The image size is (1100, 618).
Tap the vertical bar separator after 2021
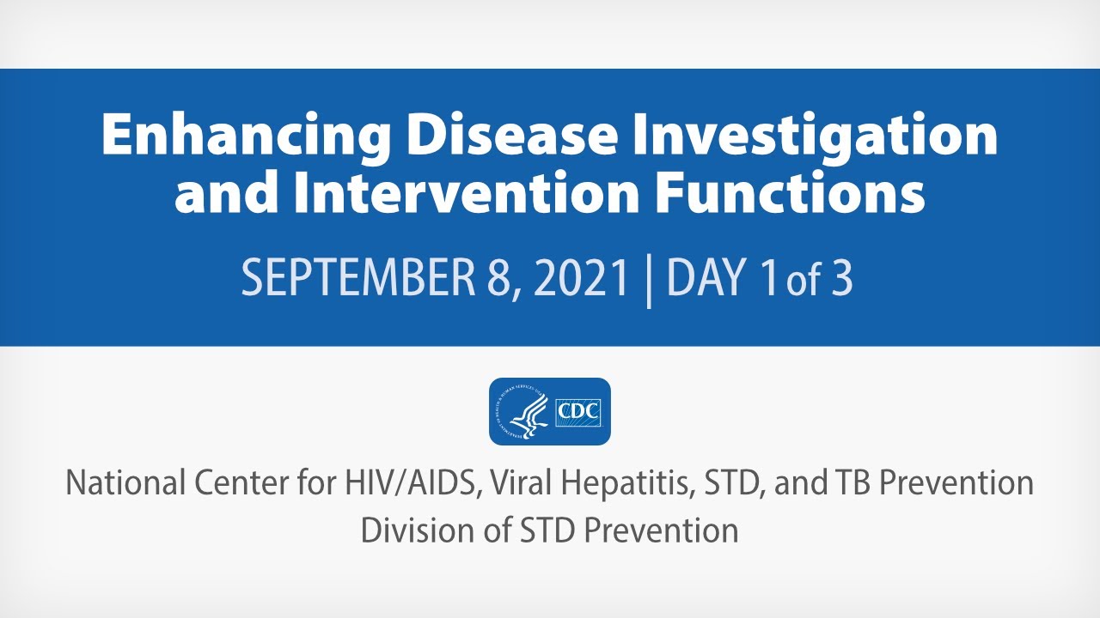649,280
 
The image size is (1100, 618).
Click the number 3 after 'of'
840,279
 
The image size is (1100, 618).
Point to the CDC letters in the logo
578,411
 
